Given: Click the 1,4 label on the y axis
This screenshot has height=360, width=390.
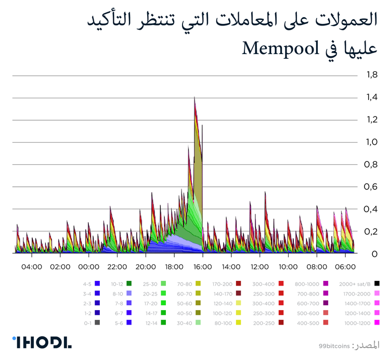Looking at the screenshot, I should (371, 98).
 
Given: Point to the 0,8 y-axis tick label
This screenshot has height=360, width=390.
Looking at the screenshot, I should (371, 165).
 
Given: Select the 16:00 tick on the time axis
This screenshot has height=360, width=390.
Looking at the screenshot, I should (202, 267).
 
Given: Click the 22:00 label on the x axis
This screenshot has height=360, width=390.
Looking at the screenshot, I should (117, 267).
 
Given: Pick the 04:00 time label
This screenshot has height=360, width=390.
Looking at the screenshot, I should (32, 267).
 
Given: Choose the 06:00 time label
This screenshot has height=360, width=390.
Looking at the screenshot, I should (344, 267).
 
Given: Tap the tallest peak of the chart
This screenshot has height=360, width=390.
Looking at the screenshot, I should (194, 97).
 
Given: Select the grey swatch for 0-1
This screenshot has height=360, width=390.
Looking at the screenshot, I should (97, 323).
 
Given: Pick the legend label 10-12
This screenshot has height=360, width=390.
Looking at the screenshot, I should (117, 284).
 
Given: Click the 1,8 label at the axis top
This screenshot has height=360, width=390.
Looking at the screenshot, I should (371, 75).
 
